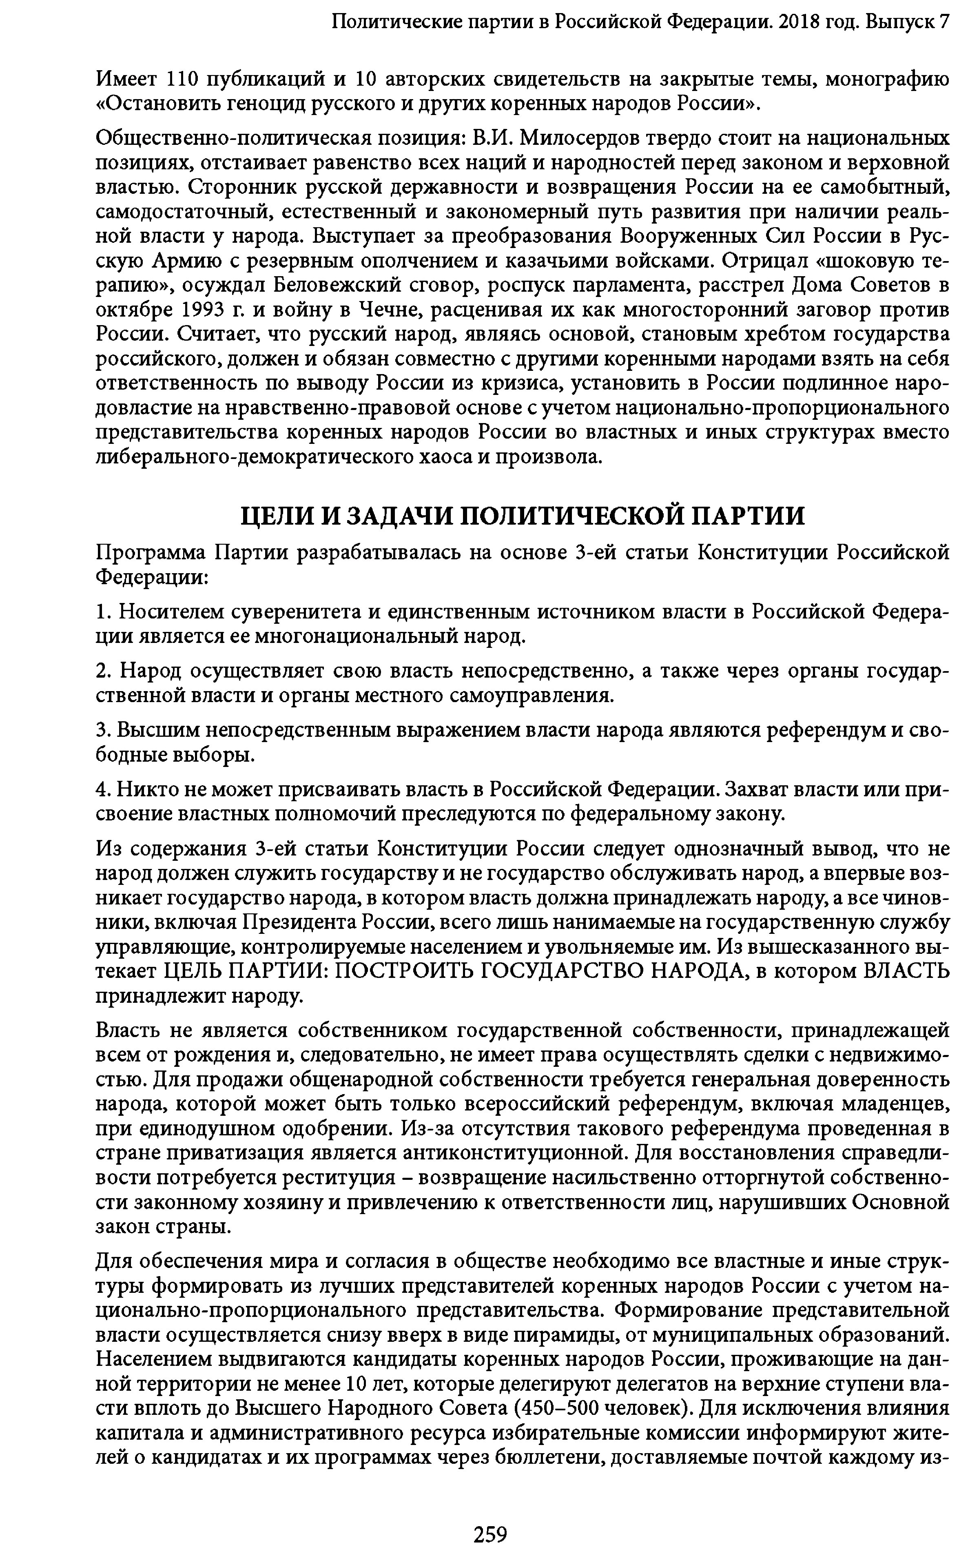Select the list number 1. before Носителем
(104, 612)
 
